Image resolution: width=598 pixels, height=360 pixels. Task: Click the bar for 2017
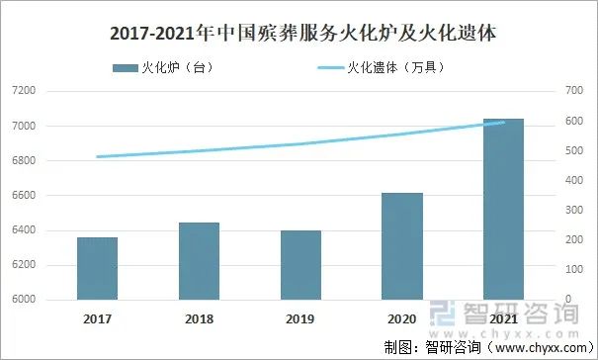[97, 268]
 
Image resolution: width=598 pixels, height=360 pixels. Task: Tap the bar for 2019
[300, 265]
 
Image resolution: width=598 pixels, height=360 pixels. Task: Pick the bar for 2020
[402, 246]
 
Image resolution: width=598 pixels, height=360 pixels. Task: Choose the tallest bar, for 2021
[502, 209]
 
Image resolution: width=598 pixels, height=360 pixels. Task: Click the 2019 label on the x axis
[300, 318]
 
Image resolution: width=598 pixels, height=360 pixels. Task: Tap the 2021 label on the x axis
[502, 318]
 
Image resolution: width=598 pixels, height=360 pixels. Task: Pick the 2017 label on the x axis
[97, 318]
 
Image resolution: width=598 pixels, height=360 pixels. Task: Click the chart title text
[299, 34]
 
